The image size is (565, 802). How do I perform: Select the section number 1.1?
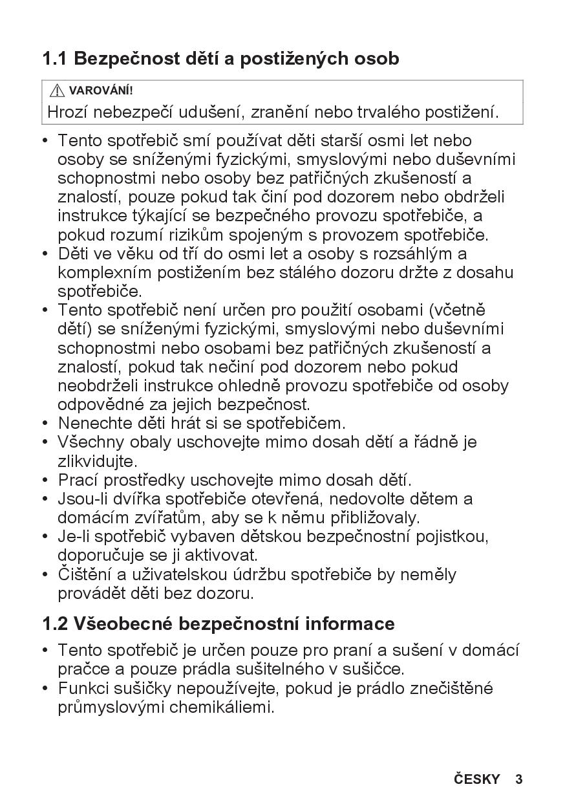(55, 59)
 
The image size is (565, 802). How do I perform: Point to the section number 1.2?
(55, 624)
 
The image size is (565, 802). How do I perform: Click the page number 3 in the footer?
(518, 779)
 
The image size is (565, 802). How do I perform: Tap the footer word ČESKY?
(477, 779)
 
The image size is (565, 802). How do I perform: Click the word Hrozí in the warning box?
(67, 112)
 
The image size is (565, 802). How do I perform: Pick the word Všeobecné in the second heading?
(123, 624)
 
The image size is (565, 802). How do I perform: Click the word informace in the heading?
(350, 624)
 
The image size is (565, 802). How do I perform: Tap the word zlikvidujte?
(97, 462)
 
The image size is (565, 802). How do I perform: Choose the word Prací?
(78, 481)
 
